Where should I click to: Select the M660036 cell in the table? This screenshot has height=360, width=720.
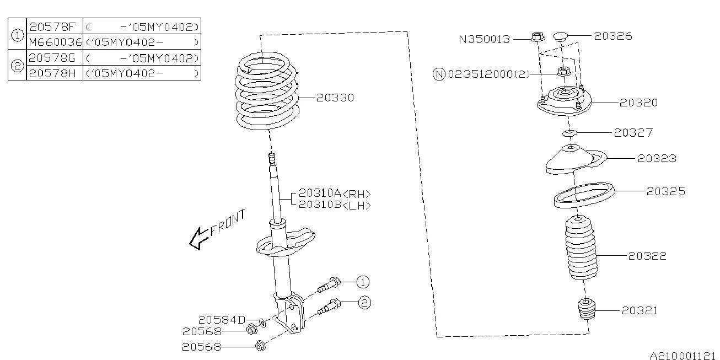click(55, 42)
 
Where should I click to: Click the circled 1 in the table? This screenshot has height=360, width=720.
click(17, 35)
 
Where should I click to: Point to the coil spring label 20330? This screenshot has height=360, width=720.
click(335, 98)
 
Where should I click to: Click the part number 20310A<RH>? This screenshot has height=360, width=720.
click(335, 194)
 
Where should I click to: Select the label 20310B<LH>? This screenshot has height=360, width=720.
click(335, 205)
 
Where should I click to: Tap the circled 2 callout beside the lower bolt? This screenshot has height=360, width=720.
click(364, 303)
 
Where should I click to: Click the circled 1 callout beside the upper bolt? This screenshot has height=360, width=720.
click(363, 282)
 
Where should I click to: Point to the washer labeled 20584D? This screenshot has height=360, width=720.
click(262, 323)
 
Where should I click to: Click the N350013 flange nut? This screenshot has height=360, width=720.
click(538, 36)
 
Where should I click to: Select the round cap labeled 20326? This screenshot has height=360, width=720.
click(561, 36)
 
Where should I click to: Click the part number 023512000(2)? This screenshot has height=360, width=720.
click(488, 74)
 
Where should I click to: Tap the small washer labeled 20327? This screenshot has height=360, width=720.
click(569, 133)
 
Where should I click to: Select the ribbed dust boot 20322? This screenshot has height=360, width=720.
click(581, 248)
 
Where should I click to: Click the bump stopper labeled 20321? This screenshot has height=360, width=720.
click(586, 309)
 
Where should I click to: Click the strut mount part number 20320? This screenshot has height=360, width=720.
click(638, 103)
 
